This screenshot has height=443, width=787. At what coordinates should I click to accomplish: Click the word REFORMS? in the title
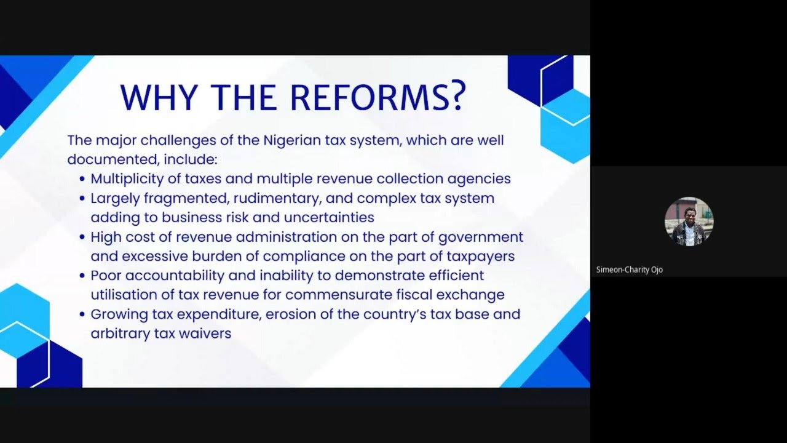[378, 97]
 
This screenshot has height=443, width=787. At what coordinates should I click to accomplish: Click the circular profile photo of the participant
[689, 221]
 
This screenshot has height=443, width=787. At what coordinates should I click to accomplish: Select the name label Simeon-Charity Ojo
[629, 269]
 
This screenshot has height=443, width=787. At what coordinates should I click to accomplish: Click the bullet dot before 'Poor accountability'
[82, 276]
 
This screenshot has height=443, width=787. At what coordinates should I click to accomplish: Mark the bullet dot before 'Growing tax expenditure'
[82, 315]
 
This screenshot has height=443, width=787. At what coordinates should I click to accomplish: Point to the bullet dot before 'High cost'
[82, 237]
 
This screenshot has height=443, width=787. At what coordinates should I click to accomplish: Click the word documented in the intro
[112, 159]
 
